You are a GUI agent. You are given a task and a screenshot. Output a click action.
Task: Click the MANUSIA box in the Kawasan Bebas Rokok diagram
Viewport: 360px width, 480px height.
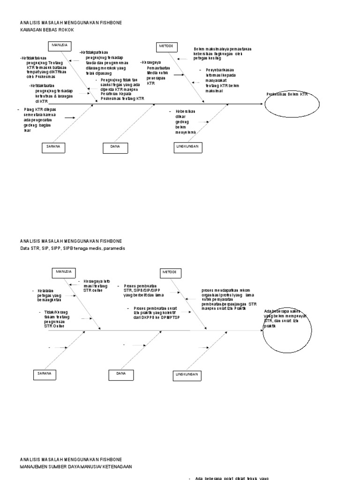pyautogui.click(x=59, y=46)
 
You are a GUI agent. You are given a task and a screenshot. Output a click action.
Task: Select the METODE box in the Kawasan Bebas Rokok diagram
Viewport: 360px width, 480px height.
pyautogui.click(x=165, y=46)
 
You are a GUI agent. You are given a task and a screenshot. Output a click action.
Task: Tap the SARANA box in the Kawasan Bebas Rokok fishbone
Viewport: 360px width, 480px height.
pyautogui.click(x=53, y=147)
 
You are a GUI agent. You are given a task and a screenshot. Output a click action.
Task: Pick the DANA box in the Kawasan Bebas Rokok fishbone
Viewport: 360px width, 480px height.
pyautogui.click(x=115, y=147)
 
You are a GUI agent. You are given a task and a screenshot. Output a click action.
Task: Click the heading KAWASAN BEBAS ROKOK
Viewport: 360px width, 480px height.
pyautogui.click(x=47, y=30)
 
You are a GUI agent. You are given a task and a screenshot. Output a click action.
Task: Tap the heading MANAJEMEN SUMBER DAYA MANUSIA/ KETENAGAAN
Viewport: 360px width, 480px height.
pyautogui.click(x=75, y=467)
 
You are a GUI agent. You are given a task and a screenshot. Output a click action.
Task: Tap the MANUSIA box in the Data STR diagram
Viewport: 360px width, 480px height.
pyautogui.click(x=65, y=272)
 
